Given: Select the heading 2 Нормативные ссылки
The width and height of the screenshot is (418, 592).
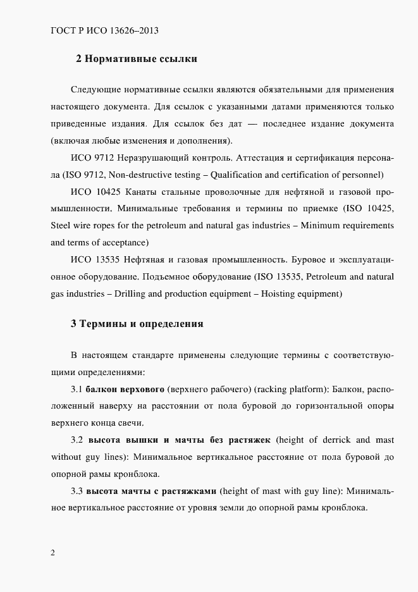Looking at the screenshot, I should click(137, 59).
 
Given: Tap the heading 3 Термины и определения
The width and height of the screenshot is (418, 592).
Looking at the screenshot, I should click(137, 323).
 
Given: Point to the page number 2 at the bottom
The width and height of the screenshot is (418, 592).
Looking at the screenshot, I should click(53, 552).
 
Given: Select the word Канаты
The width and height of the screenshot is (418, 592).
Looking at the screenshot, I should click(144, 192).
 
